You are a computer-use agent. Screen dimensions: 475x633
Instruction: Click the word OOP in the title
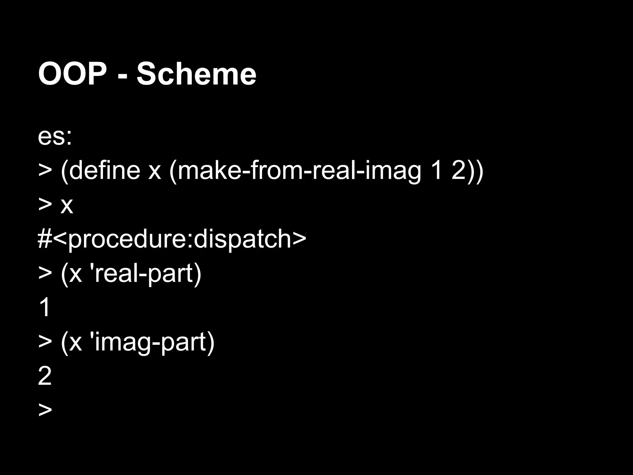pyautogui.click(x=72, y=74)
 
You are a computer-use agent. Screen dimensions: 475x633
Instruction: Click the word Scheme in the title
pyautogui.click(x=196, y=74)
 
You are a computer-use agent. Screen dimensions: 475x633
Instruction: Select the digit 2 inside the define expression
pyautogui.click(x=459, y=170)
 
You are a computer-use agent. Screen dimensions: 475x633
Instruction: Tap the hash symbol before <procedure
pyautogui.click(x=45, y=239)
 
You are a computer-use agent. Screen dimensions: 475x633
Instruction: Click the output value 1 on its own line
pyautogui.click(x=45, y=307)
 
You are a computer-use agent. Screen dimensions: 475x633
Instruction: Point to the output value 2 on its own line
pyautogui.click(x=45, y=376)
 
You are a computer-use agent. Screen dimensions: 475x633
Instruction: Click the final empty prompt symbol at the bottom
pyautogui.click(x=45, y=410)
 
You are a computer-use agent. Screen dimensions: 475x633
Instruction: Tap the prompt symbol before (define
pyautogui.click(x=45, y=171)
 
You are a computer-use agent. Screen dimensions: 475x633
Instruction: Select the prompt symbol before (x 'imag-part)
pyautogui.click(x=45, y=342)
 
